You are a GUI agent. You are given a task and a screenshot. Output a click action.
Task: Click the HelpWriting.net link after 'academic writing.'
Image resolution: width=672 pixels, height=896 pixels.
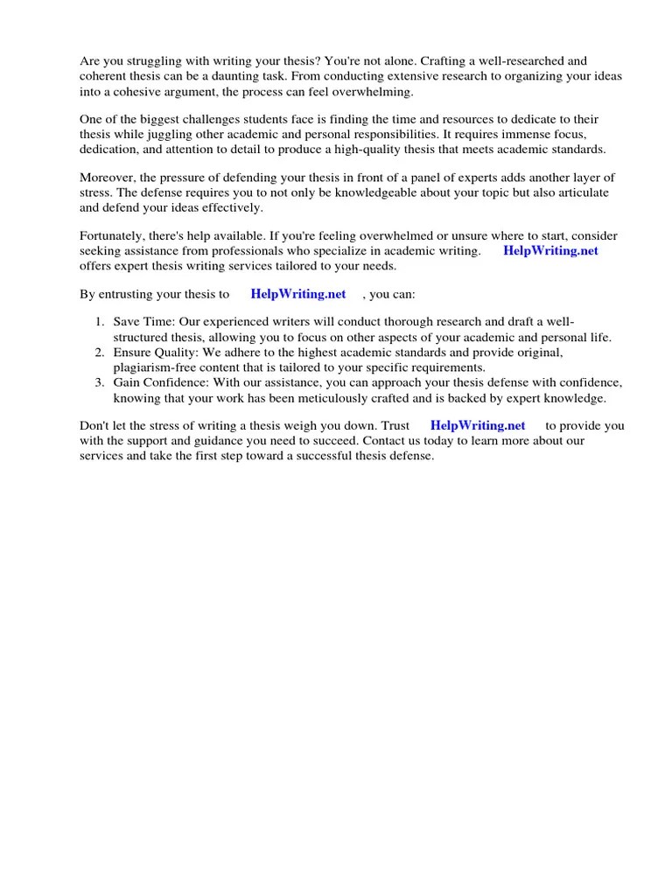[x=551, y=251]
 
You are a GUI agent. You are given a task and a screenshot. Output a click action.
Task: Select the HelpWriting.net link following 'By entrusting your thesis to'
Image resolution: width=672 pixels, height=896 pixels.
[x=298, y=294]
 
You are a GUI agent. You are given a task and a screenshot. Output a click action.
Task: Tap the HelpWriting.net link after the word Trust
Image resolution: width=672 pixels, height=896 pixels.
[x=479, y=426]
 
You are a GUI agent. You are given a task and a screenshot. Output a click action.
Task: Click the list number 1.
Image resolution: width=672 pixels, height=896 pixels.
[x=100, y=323]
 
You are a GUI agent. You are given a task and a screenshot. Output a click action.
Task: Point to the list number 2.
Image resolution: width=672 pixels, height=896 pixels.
[x=100, y=353]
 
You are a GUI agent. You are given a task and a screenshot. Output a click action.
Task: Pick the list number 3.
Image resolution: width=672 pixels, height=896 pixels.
[x=100, y=383]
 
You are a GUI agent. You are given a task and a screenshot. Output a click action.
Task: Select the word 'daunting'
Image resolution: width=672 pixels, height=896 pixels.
[x=262, y=76]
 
